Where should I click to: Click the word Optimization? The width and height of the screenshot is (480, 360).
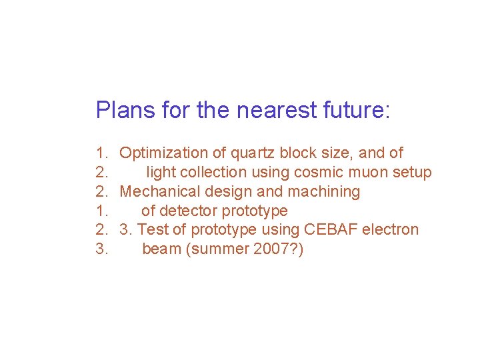coord(163,153)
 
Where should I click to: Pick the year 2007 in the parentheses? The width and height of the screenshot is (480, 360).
coord(273,249)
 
